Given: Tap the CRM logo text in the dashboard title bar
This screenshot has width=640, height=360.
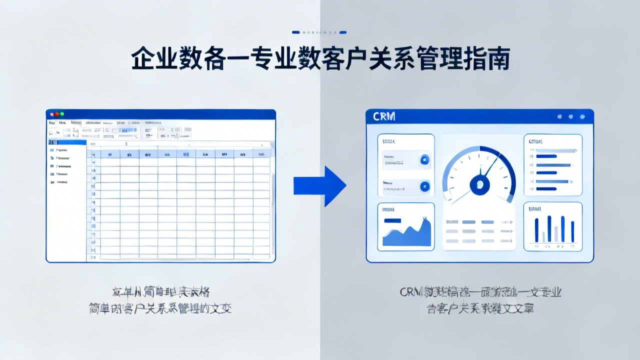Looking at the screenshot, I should pos(384,116).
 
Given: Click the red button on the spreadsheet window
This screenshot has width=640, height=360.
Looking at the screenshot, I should pos(52,114).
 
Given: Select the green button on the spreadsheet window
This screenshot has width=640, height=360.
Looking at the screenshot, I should pos(62,114).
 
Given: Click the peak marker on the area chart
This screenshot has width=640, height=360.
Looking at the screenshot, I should pos(424,218).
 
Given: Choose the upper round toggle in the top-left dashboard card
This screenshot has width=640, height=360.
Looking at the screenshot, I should pos(424,160).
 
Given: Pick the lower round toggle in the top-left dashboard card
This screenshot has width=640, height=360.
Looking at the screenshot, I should pos(424,186).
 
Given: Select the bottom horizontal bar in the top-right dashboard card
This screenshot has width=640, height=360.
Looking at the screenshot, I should pos(546,189).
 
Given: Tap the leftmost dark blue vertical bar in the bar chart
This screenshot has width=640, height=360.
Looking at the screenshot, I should pos(536,230).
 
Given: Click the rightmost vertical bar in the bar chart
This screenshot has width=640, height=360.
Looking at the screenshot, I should pos(572,232).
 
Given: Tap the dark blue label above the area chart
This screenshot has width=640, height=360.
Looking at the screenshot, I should pos(392,220).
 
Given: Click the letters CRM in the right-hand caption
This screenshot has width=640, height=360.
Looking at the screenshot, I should pos(411,292).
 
